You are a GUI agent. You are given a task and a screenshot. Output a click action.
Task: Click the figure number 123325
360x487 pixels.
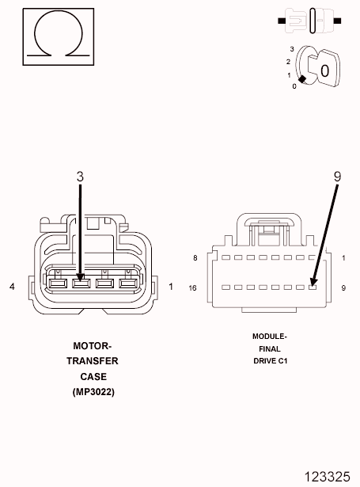327,476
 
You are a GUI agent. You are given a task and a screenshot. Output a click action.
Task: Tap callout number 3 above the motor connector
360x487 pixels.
80,177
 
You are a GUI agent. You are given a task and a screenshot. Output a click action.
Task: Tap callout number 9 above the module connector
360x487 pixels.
337,177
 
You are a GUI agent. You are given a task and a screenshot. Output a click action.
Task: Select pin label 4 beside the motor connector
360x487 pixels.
12,286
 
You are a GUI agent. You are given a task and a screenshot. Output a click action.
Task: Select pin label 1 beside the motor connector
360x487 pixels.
171,286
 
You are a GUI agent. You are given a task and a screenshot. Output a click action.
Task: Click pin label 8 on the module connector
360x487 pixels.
195,258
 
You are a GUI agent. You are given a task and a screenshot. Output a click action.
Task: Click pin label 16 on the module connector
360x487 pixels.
193,287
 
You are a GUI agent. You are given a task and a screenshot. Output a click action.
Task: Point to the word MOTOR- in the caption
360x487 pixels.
93,346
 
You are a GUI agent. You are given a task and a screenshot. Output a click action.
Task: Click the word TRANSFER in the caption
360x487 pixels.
93,361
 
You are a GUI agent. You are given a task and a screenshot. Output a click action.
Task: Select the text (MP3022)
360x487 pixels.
93,392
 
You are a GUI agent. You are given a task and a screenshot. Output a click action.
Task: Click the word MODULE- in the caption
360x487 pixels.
269,336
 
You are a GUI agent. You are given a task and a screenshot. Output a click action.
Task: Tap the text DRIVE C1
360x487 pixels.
269,361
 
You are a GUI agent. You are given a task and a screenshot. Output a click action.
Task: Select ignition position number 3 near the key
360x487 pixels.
292,49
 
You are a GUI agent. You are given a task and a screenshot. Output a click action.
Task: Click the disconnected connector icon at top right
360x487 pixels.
309,18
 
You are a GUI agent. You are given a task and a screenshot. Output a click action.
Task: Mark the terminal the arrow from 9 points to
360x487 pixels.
313,287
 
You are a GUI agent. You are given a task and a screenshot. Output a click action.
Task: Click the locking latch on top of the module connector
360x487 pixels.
266,230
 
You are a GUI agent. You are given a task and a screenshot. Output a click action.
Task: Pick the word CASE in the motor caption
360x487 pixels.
93,377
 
